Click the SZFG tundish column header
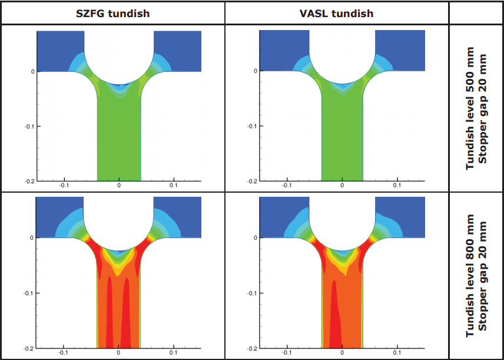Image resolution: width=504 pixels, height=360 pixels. click(x=112, y=13)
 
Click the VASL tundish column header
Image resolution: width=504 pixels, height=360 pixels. click(x=336, y=13)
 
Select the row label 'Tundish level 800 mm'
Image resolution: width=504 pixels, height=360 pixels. click(x=470, y=276)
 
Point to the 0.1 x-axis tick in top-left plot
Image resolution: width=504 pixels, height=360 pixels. click(x=174, y=186)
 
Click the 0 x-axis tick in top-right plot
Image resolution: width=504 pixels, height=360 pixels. click(x=342, y=186)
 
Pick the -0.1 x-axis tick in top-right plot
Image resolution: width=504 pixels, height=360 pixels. click(x=286, y=186)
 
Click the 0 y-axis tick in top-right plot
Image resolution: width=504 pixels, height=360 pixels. click(x=255, y=71)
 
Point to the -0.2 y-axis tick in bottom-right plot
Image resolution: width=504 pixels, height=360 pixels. click(x=251, y=348)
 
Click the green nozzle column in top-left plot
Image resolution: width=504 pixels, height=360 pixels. click(x=119, y=141)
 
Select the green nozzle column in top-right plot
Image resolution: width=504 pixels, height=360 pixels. click(x=342, y=141)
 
